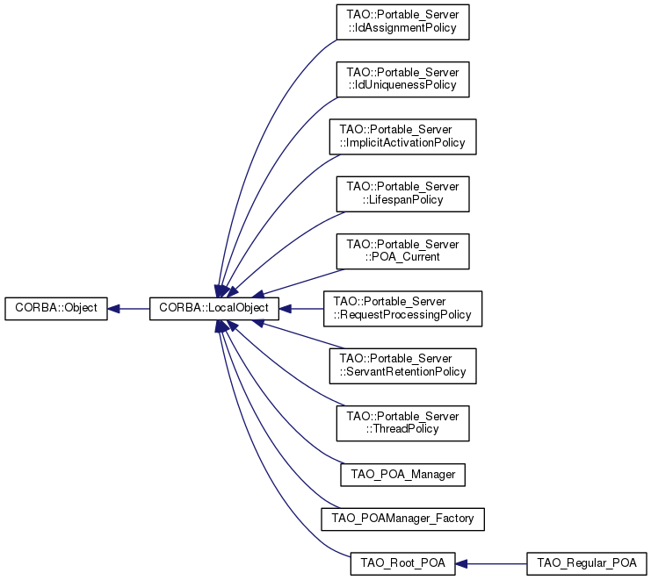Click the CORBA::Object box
coord(56,309)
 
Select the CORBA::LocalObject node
coord(214,309)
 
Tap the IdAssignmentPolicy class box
coord(402,22)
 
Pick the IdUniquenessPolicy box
coord(402,80)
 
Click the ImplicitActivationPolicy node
coord(402,137)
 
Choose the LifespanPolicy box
coord(402,194)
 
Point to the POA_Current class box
coord(402,251)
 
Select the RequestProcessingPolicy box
coord(402,309)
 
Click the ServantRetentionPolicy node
coord(402,366)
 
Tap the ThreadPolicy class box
coord(402,423)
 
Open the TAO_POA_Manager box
coord(402,475)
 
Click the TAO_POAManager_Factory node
coord(402,519)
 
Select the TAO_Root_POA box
coord(402,563)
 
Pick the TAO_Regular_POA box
coord(587,563)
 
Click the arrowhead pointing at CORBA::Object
coord(113,309)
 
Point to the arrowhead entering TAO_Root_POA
coord(462,564)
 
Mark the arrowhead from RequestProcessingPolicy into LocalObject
coord(286,309)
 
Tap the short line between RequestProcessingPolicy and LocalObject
coord(307,309)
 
